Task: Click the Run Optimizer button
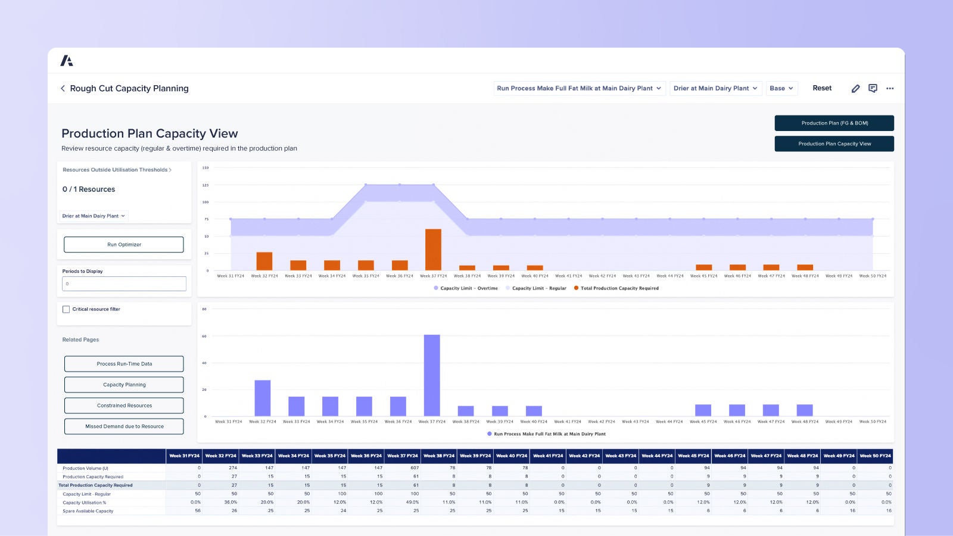[x=124, y=245]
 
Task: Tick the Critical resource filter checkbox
[x=66, y=309]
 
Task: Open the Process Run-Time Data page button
[x=124, y=364]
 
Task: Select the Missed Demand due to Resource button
[x=124, y=426]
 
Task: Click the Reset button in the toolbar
[x=822, y=88]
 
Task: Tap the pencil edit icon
[x=855, y=88]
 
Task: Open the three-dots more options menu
[x=890, y=88]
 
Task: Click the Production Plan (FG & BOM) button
[x=834, y=123]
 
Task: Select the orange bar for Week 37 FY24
[x=433, y=250]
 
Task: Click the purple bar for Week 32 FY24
[x=263, y=398]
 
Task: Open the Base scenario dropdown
[x=781, y=88]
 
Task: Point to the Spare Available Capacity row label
[x=88, y=511]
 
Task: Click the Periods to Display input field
[x=124, y=284]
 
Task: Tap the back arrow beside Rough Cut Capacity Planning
[x=63, y=88]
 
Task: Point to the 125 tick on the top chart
[x=205, y=185]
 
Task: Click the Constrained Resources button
[x=124, y=406]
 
